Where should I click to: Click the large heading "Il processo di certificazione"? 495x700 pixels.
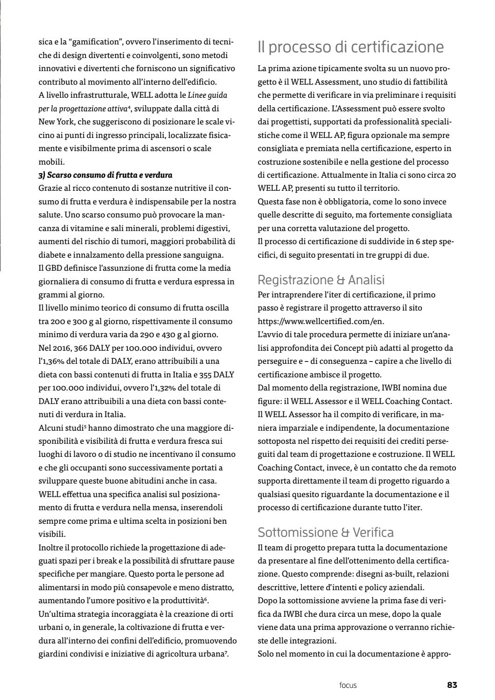click(x=351, y=47)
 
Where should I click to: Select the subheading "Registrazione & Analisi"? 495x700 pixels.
click(x=321, y=280)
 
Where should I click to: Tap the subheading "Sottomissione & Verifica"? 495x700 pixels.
click(x=325, y=532)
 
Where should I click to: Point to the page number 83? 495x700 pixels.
click(x=452, y=685)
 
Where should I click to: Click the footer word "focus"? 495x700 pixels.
click(x=348, y=686)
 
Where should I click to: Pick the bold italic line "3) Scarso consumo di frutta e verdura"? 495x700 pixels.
click(x=105, y=175)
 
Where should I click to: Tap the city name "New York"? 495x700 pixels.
click(x=55, y=122)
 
